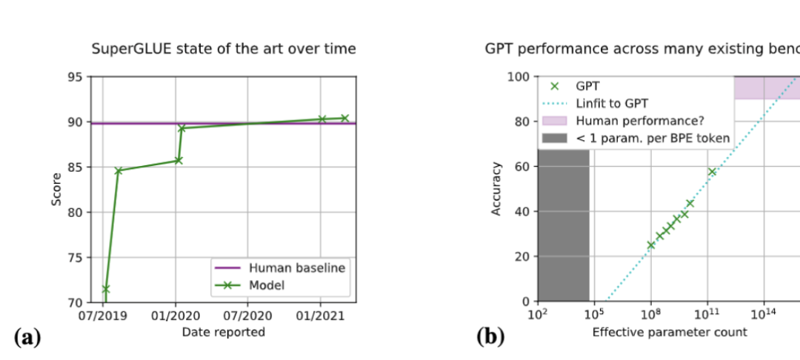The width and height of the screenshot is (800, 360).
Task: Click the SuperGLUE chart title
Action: click(x=223, y=50)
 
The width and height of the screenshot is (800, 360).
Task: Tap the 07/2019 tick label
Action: click(x=103, y=314)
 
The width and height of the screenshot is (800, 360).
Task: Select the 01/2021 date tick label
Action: click(x=320, y=314)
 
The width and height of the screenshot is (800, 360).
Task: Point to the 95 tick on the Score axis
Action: click(x=76, y=77)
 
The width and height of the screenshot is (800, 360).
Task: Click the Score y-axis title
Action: click(x=57, y=190)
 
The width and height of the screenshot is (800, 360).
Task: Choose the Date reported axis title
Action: click(x=223, y=332)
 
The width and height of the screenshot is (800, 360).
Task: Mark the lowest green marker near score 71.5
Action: click(x=105, y=289)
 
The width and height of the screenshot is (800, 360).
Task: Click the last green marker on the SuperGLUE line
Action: click(x=344, y=118)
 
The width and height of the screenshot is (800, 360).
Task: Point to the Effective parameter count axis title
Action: click(x=670, y=332)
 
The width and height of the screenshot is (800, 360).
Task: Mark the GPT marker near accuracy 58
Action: click(x=712, y=172)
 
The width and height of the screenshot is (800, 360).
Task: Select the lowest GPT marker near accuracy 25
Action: click(x=651, y=244)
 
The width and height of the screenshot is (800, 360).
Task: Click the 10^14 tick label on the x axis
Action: click(x=764, y=314)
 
